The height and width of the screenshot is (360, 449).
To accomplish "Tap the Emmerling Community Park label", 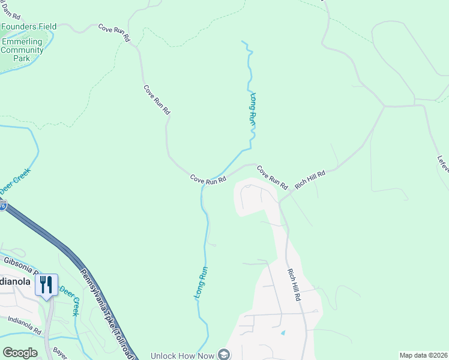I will tap(22, 50).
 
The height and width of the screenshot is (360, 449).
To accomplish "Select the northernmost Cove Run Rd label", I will tap(114, 32).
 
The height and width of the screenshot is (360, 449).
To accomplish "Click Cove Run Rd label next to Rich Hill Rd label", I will tap(273, 176).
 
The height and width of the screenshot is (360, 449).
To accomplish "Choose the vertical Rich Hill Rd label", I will tap(294, 285).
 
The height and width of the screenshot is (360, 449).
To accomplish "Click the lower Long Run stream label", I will tap(201, 283).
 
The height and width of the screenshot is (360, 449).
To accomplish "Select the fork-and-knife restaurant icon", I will tap(47, 284).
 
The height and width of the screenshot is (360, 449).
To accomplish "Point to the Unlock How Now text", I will tap(182, 355).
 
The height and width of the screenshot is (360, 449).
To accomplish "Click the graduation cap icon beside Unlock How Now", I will tap(224, 354).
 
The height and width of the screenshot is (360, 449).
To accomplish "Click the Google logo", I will tap(20, 353).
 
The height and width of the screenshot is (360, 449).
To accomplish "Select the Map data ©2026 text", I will tap(423, 355).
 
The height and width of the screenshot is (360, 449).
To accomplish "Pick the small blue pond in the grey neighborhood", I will tap(283, 332).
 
